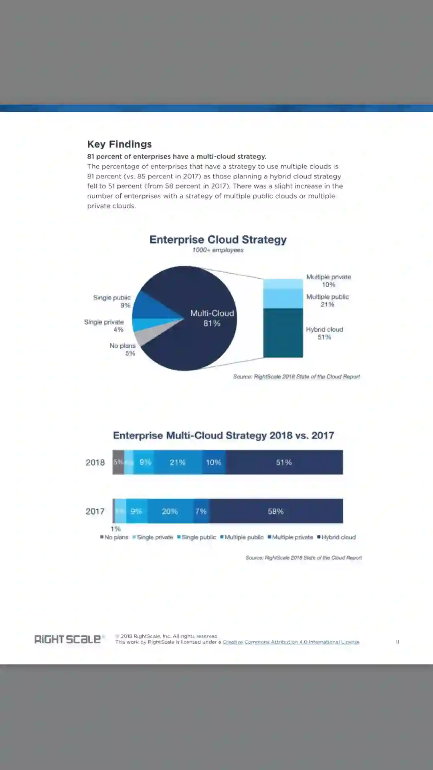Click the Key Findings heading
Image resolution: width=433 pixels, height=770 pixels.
(x=119, y=144)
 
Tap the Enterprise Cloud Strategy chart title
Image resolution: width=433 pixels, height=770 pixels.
(x=218, y=239)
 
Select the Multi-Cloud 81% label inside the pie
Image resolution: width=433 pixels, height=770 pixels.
(x=212, y=318)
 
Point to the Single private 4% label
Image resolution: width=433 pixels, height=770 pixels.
(x=104, y=326)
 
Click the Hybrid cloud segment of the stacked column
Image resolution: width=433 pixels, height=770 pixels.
(x=283, y=333)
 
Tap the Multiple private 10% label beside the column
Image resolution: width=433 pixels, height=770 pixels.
(x=328, y=281)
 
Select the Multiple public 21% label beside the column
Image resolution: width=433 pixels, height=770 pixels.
(x=328, y=300)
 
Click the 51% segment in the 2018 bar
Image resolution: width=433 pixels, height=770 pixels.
(x=284, y=462)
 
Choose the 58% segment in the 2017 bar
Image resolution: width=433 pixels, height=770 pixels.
(x=276, y=511)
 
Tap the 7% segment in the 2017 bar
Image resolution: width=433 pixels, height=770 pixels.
(x=201, y=511)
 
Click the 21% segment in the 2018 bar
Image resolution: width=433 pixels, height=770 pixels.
(x=178, y=462)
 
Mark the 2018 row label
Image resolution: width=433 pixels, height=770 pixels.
(x=95, y=462)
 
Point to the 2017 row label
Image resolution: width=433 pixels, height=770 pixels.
(x=95, y=511)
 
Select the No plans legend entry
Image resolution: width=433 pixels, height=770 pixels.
(x=115, y=537)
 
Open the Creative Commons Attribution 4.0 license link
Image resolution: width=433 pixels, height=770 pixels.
(x=291, y=642)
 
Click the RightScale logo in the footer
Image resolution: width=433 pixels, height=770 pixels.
(x=68, y=639)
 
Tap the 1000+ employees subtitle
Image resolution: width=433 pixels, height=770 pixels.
(x=218, y=250)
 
